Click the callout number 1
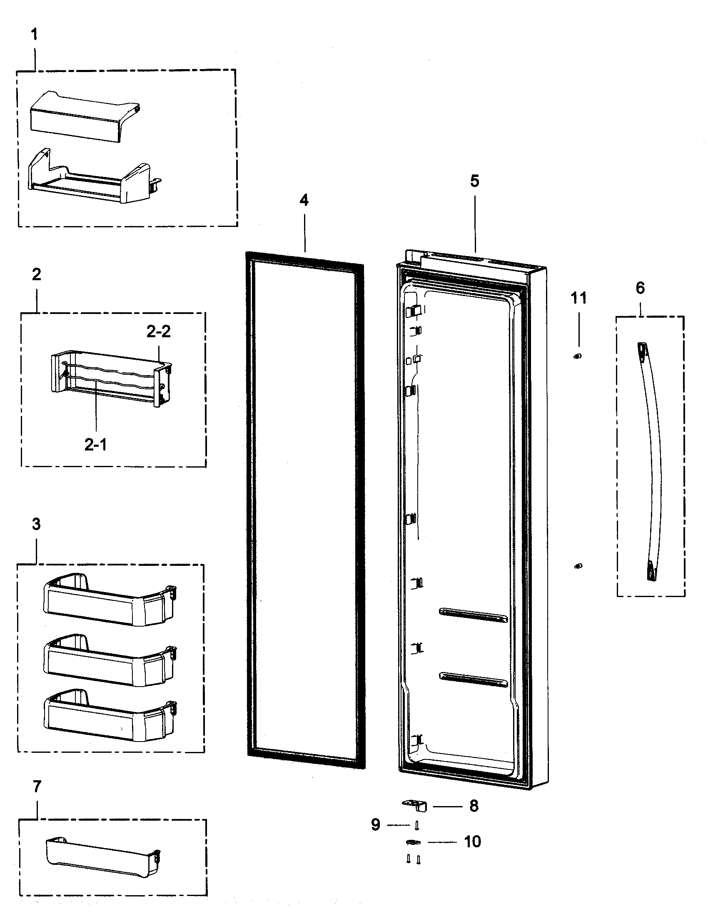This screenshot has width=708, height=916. click(35, 35)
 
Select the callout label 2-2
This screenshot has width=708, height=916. click(159, 332)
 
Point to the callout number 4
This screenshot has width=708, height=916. click(304, 201)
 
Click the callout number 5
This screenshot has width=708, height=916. click(474, 181)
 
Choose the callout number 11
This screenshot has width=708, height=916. click(578, 298)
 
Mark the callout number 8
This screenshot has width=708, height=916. click(474, 806)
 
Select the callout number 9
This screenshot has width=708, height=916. click(375, 824)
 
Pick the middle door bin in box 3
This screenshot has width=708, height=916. click(109, 661)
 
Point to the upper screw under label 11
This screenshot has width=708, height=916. click(578, 356)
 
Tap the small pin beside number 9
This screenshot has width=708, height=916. click(416, 825)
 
